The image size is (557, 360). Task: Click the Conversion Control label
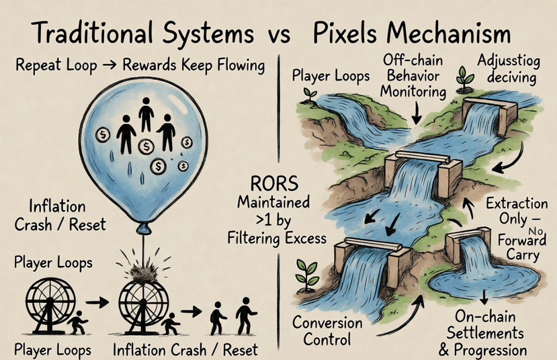(327, 331)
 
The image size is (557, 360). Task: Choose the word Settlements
(488, 334)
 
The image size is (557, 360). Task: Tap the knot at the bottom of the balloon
(142, 230)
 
